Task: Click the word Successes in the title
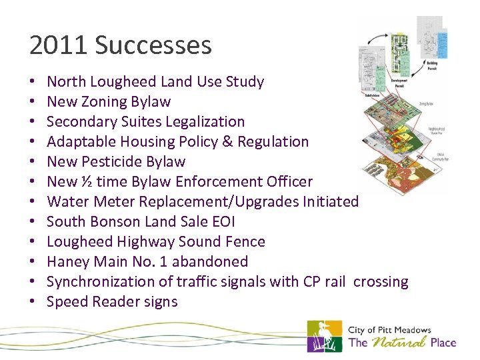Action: (x=153, y=45)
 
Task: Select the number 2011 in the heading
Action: (x=59, y=45)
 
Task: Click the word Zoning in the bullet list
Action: (x=105, y=102)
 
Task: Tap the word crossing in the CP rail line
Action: (x=381, y=281)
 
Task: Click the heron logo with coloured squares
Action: (x=324, y=336)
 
